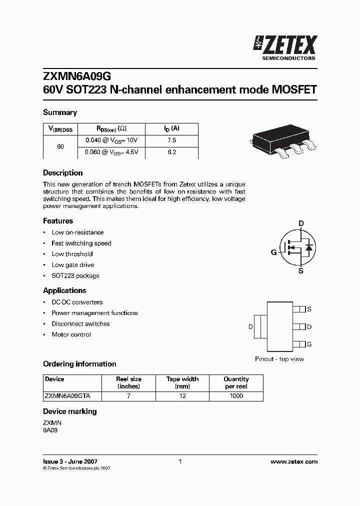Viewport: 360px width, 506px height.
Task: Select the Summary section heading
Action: [60, 112]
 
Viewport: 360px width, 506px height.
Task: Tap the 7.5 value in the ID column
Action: [171, 140]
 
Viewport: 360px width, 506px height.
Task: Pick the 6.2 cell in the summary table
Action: [171, 152]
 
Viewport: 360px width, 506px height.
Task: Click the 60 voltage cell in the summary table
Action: [60, 146]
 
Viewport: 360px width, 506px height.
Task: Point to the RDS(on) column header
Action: [111, 129]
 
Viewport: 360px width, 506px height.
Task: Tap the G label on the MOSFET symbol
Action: [273, 252]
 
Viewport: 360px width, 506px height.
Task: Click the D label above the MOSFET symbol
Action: [301, 223]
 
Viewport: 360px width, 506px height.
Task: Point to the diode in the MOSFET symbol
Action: [308, 247]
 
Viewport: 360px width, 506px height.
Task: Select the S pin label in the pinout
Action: [309, 309]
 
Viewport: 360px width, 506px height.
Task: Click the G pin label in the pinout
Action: [309, 344]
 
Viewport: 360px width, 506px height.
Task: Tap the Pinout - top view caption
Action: [279, 359]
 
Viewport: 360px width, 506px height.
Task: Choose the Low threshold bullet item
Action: [72, 254]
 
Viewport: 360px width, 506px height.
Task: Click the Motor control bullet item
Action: [71, 334]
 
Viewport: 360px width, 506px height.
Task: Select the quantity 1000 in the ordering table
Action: [236, 395]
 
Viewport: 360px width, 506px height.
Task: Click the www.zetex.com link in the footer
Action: [293, 461]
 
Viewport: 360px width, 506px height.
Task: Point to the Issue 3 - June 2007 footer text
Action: [70, 461]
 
